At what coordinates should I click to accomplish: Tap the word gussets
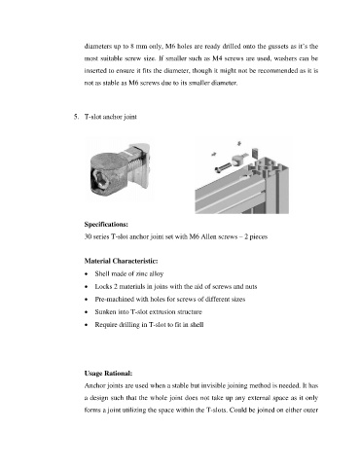pos(278,47)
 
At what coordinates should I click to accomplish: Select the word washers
pos(284,58)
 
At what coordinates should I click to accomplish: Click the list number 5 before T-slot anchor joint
pos(76,117)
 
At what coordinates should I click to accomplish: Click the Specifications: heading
pos(106,224)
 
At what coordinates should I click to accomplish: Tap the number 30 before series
pos(88,236)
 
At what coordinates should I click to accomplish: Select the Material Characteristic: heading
pos(121,261)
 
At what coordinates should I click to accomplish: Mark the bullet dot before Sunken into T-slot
pos(86,312)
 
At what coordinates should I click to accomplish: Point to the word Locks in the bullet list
pos(102,287)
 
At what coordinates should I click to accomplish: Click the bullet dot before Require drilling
pos(86,325)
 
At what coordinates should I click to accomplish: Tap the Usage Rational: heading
pos(108,374)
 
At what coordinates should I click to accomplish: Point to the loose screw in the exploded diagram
pos(223,168)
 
